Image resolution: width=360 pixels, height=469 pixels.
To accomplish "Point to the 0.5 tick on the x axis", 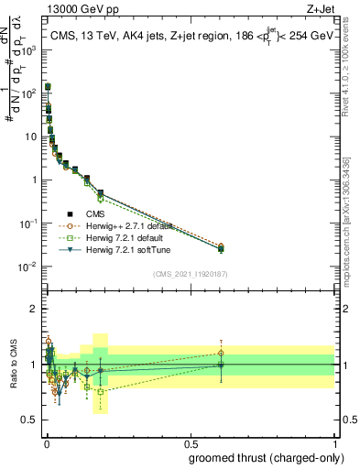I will pyautogui.click(x=190, y=442).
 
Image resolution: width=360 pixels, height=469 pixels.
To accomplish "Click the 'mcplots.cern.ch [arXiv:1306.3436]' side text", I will pyautogui.click(x=352, y=198).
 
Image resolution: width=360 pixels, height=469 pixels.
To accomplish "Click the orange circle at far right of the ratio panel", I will pyautogui.click(x=220, y=353).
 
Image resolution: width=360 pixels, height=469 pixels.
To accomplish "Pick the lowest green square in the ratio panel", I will pyautogui.click(x=101, y=391).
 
